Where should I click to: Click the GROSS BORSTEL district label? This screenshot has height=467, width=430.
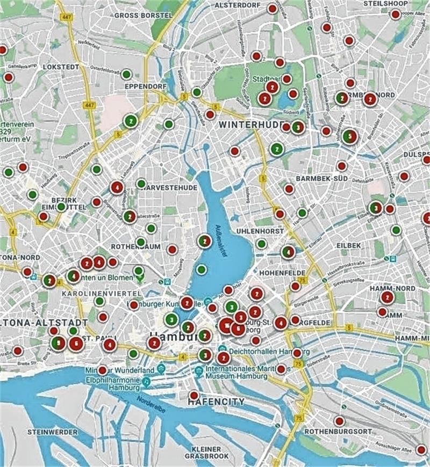tap(143, 16)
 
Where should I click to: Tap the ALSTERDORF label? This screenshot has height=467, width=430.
tap(238, 5)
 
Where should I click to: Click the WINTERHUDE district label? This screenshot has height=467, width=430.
tap(248, 125)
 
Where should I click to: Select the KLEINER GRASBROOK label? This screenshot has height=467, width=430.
tap(206, 453)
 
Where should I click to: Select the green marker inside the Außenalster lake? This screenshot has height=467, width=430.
tap(201, 269)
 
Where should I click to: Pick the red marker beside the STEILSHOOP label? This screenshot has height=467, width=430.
tap(395, 14)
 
